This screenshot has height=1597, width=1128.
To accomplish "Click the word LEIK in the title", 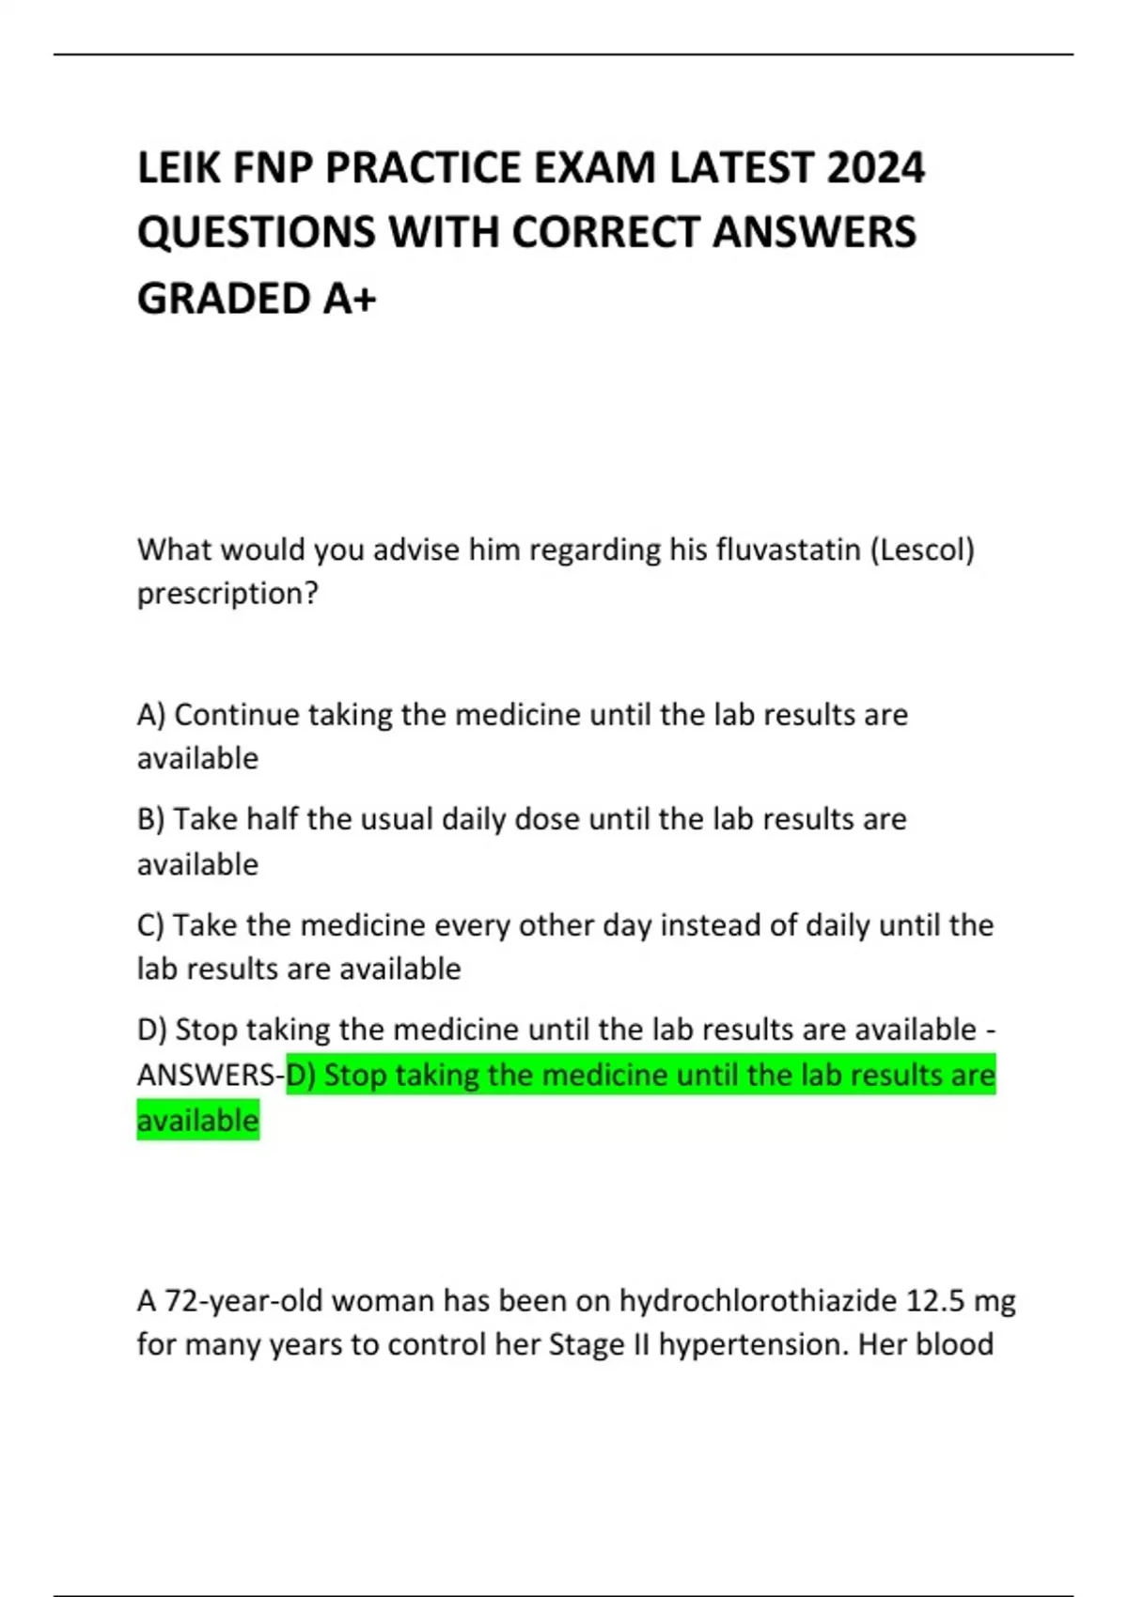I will click(x=178, y=168).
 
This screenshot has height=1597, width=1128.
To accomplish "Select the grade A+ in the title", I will click(x=350, y=299).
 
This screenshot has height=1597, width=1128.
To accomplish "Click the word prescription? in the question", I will click(x=227, y=594).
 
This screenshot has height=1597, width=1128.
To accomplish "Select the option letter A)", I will click(x=151, y=715).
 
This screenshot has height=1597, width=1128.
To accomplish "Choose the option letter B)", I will click(x=150, y=819).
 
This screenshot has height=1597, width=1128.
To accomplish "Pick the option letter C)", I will click(x=150, y=925).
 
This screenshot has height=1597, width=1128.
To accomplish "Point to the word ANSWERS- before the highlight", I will click(x=211, y=1075).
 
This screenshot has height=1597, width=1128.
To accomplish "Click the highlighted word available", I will click(x=197, y=1121).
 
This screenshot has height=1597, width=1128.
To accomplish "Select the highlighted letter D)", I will click(x=301, y=1075).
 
